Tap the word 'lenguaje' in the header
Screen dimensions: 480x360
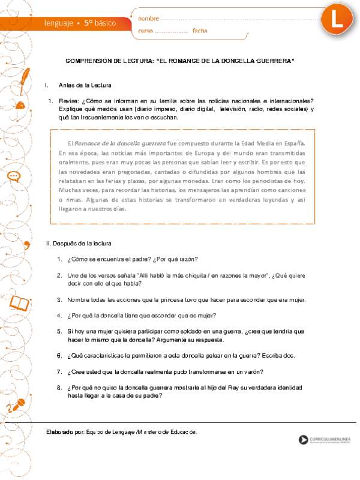click(x=58, y=23)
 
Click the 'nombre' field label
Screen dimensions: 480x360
click(x=148, y=19)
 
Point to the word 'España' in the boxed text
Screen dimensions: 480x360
click(x=295, y=143)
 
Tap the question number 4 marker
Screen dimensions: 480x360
click(x=60, y=315)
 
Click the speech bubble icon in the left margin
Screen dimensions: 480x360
click(x=15, y=176)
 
